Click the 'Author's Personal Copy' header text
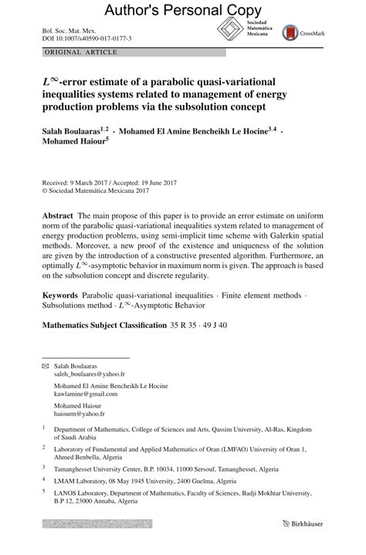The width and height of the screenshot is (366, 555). point(182,10)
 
